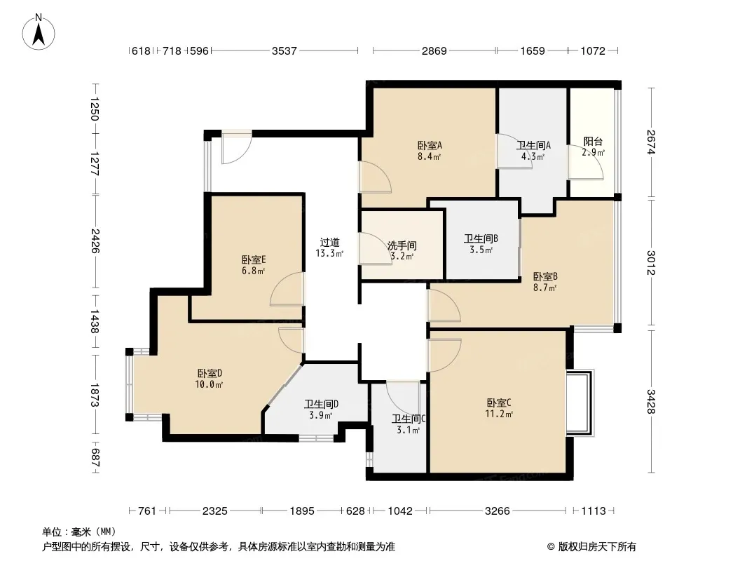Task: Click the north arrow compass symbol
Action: [x=39, y=32]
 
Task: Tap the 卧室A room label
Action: [x=430, y=145]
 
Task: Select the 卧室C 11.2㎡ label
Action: [x=499, y=408]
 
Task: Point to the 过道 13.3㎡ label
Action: [x=329, y=248]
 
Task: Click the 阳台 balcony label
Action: [x=593, y=142]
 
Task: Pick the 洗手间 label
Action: [x=402, y=246]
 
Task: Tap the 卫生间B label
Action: [x=481, y=238]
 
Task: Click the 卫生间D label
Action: [x=321, y=404]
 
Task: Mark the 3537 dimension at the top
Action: [x=285, y=50]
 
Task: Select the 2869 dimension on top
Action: [x=434, y=50]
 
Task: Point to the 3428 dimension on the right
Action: [x=651, y=401]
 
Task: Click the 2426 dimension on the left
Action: [x=95, y=241]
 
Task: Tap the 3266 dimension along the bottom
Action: [x=498, y=511]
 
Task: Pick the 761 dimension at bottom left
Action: [x=146, y=511]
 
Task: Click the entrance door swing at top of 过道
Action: [x=237, y=149]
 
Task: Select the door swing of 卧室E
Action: [x=287, y=289]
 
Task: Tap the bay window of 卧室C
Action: [x=580, y=403]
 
